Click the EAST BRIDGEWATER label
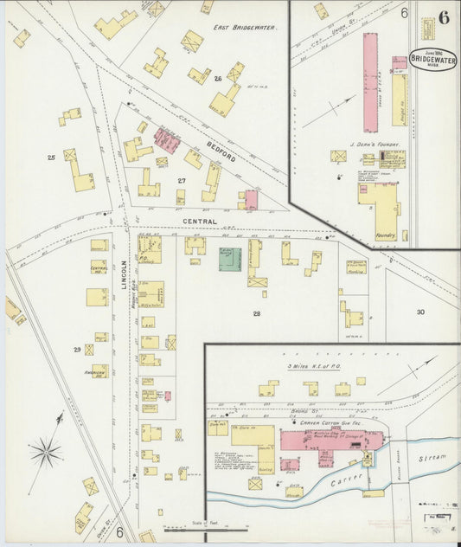(245, 28)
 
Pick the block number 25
(51, 157)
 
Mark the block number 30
(420, 312)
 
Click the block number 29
(78, 350)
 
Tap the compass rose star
(46, 451)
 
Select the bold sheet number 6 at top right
(444, 16)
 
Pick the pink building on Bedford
(166, 138)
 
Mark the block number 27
(182, 180)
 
